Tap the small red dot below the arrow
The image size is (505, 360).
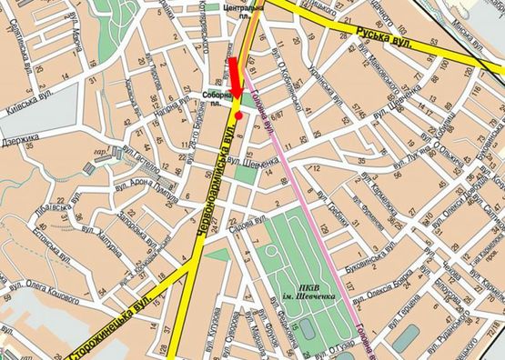click(238, 116)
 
